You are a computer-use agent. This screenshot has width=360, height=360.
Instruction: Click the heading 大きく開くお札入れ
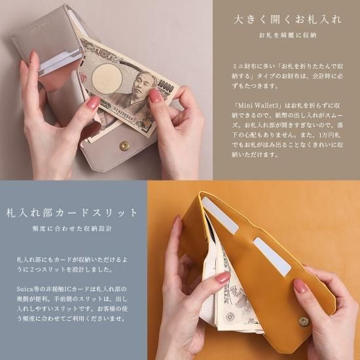[x=287, y=20]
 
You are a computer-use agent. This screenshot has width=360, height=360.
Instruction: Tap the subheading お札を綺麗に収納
[x=287, y=35]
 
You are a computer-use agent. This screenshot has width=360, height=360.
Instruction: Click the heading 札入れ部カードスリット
[x=71, y=213]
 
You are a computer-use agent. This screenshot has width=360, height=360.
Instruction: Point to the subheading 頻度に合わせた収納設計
[x=72, y=228]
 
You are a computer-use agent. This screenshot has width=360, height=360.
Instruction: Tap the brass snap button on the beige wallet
[x=124, y=146]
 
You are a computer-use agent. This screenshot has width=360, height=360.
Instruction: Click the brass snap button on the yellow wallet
[x=304, y=321]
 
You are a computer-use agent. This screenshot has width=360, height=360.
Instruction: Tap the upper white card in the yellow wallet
[x=220, y=215]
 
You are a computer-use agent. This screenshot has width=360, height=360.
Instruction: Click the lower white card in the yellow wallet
[x=272, y=255]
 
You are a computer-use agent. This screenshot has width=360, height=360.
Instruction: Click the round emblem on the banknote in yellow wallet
[x=230, y=317]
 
